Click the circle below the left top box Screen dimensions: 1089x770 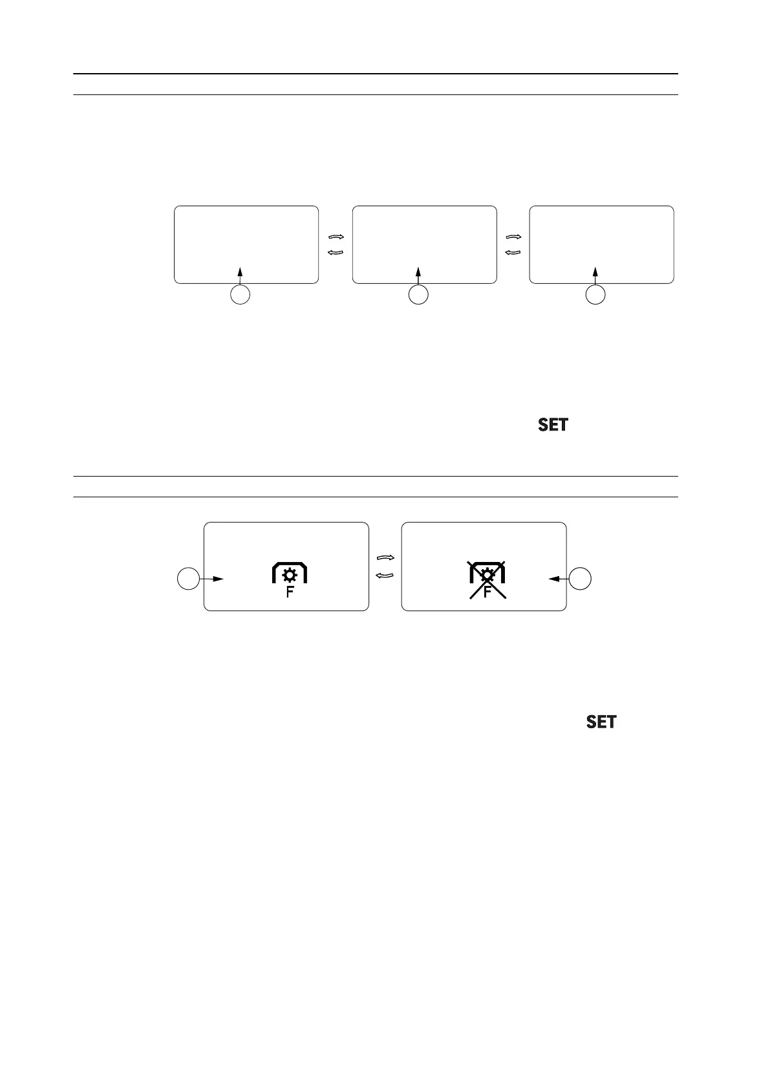pyautogui.click(x=241, y=296)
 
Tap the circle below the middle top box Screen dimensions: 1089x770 pyautogui.click(x=419, y=296)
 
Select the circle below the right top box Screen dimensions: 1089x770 pyautogui.click(x=595, y=296)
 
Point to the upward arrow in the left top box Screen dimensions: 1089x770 pyautogui.click(x=241, y=272)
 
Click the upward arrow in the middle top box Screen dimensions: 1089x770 pyautogui.click(x=418, y=272)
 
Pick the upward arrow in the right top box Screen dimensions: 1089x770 pyautogui.click(x=595, y=272)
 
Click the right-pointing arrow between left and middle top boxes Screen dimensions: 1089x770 pyautogui.click(x=336, y=237)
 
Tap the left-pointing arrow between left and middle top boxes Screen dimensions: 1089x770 pyautogui.click(x=336, y=252)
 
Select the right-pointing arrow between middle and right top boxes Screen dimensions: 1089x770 pyautogui.click(x=513, y=237)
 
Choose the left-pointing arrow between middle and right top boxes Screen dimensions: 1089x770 pyautogui.click(x=513, y=252)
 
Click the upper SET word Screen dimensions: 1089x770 pyautogui.click(x=553, y=425)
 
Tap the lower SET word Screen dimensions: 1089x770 pyautogui.click(x=601, y=722)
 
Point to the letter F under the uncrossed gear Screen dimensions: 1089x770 pyautogui.click(x=290, y=591)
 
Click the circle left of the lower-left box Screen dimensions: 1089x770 pyautogui.click(x=188, y=579)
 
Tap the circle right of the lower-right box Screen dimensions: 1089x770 pyautogui.click(x=581, y=579)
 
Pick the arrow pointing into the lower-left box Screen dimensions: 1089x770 pyautogui.click(x=213, y=579)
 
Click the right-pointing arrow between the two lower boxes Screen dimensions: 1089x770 pyautogui.click(x=385, y=557)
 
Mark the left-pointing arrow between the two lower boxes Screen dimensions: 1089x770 pyautogui.click(x=385, y=574)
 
